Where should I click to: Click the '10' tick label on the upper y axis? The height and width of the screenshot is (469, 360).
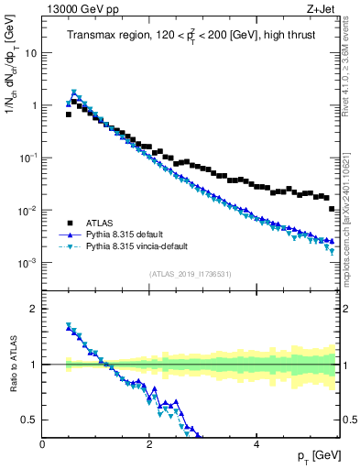click(x=31, y=52)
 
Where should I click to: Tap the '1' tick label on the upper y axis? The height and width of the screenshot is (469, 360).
click(x=34, y=105)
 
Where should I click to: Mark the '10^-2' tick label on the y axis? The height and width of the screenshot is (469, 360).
click(x=29, y=211)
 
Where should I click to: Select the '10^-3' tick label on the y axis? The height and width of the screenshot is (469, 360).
click(x=29, y=263)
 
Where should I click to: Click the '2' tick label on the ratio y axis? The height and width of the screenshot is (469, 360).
click(x=35, y=309)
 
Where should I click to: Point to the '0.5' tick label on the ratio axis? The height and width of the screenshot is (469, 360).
click(x=31, y=420)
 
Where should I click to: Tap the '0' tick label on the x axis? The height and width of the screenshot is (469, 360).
click(x=42, y=444)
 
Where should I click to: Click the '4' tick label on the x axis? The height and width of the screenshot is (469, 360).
click(x=256, y=444)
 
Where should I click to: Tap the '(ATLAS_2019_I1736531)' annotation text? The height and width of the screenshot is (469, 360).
click(x=191, y=274)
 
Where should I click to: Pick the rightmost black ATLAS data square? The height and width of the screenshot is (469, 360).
click(x=332, y=209)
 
